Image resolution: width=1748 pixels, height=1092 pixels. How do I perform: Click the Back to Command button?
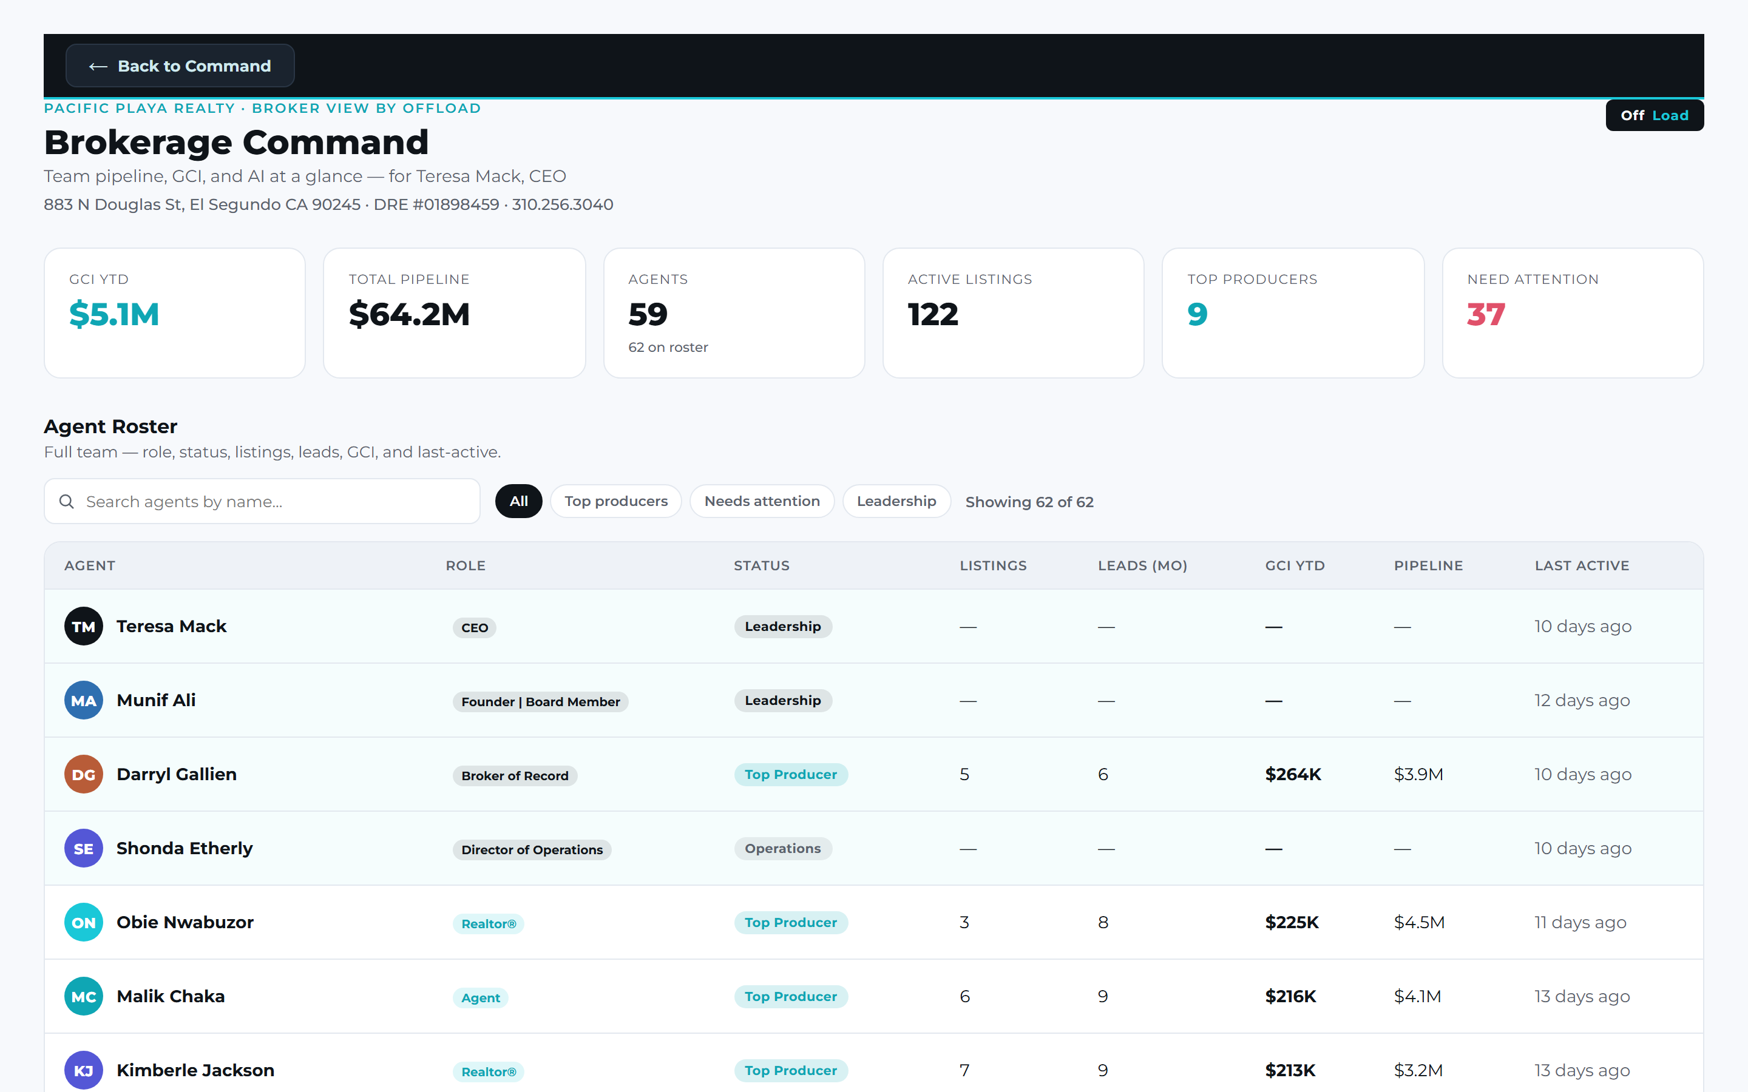[x=180, y=66]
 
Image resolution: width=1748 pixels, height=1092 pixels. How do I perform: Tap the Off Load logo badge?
[x=1654, y=115]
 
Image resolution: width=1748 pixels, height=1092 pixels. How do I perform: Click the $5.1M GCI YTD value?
[x=114, y=314]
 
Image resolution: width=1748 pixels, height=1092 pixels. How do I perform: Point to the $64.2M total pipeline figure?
[x=409, y=314]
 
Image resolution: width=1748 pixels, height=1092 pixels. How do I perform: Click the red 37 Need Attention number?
[x=1486, y=314]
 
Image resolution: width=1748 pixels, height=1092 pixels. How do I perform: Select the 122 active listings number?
[x=932, y=314]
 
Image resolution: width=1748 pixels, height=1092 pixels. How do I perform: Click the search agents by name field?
[x=262, y=501]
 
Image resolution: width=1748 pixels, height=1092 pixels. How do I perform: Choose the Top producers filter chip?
[x=616, y=501]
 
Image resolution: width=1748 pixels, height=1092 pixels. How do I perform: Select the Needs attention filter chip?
[x=762, y=501]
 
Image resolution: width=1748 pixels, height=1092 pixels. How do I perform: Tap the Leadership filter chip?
[x=896, y=501]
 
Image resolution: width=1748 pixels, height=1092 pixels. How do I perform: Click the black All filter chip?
[x=518, y=501]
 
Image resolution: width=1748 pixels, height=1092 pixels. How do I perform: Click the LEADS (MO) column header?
[x=1143, y=565]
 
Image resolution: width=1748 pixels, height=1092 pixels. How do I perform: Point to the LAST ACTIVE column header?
[x=1582, y=565]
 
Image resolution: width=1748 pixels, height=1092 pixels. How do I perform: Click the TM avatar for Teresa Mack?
[x=84, y=626]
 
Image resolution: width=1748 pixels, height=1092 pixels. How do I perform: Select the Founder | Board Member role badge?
[x=540, y=701]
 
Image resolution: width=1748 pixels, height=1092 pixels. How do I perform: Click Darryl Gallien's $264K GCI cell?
[x=1293, y=774]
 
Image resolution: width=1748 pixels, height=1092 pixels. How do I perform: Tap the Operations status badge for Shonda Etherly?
[x=783, y=849]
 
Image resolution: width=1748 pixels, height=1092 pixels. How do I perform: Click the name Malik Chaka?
[x=171, y=997]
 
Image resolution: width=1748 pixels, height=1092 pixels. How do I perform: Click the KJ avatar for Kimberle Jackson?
[x=84, y=1070]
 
